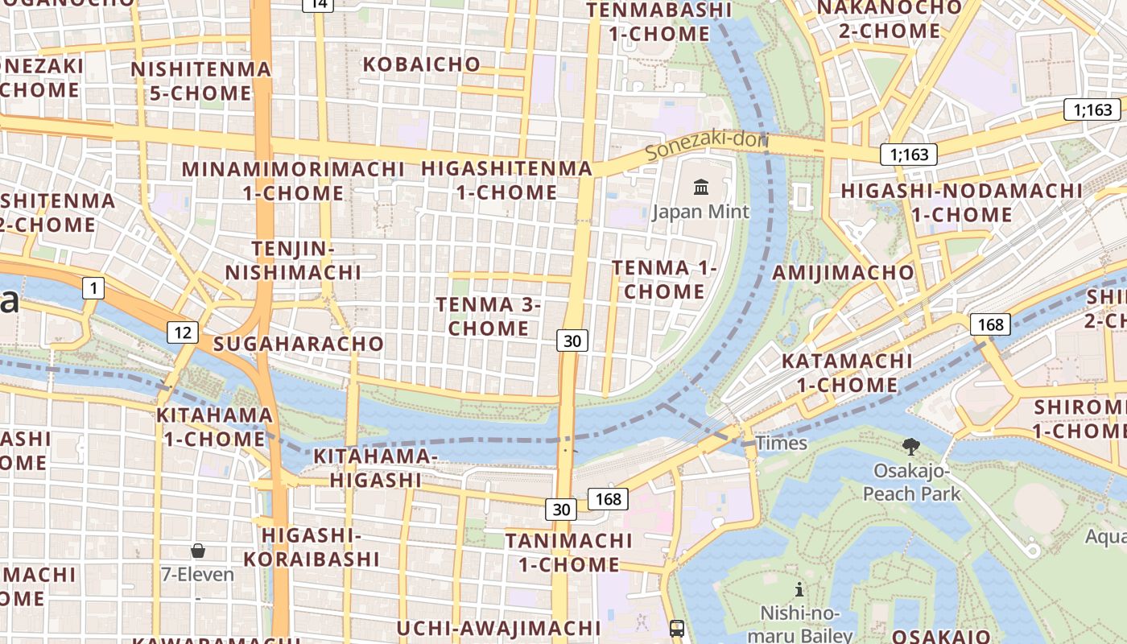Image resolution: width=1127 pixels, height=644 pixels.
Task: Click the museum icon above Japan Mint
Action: pyautogui.click(x=701, y=188)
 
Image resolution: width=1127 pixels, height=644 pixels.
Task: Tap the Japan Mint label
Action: pyautogui.click(x=700, y=212)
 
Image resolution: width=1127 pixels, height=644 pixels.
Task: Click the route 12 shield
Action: pyautogui.click(x=183, y=331)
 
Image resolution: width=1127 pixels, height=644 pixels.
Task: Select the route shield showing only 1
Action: pyautogui.click(x=94, y=287)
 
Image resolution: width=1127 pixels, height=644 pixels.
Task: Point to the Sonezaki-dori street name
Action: pyautogui.click(x=707, y=143)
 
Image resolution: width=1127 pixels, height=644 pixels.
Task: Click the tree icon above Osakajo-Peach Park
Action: pyautogui.click(x=911, y=447)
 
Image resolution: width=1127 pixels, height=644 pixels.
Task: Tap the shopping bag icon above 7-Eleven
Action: pyautogui.click(x=198, y=551)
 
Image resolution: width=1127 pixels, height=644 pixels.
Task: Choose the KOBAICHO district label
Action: pyautogui.click(x=422, y=64)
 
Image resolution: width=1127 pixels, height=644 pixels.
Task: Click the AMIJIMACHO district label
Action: pyautogui.click(x=843, y=272)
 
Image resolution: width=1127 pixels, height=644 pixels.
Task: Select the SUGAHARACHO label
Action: pyautogui.click(x=299, y=344)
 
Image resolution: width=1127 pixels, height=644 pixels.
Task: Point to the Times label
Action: pyautogui.click(x=781, y=443)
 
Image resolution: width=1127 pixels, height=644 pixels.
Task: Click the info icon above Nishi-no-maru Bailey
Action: pyautogui.click(x=799, y=590)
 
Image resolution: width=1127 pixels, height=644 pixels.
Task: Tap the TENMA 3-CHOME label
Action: pyautogui.click(x=489, y=316)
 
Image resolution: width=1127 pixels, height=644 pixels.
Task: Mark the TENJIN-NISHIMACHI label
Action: pyautogui.click(x=293, y=260)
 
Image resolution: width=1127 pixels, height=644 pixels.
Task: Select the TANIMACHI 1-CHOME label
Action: pyautogui.click(x=569, y=552)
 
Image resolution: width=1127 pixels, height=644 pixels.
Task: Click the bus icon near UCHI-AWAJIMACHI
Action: pyautogui.click(x=677, y=628)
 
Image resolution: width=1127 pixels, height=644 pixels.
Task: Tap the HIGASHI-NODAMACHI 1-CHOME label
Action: pyautogui.click(x=962, y=203)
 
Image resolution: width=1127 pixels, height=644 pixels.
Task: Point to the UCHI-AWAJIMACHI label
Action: pyautogui.click(x=499, y=628)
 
